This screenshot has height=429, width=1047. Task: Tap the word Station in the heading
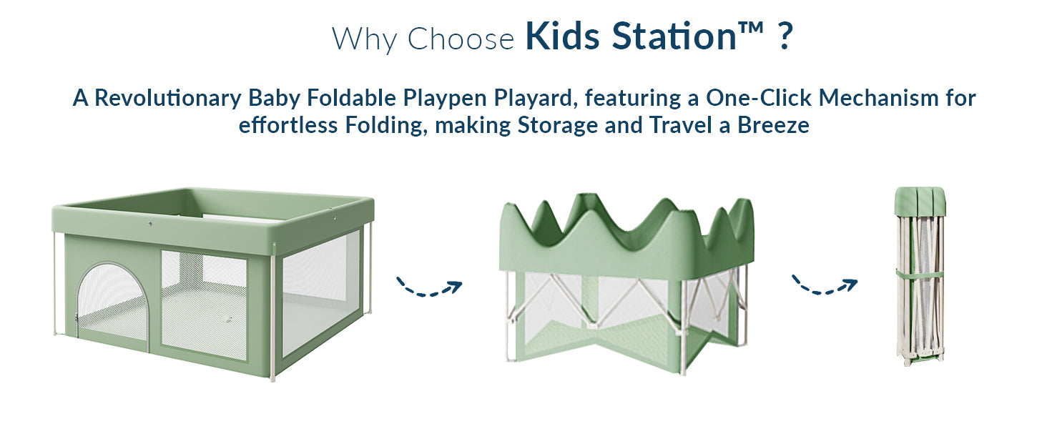[673, 38]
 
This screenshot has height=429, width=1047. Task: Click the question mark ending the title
[784, 38]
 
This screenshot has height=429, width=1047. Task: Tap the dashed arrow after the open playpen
[429, 287]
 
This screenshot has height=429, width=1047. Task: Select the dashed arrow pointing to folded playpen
[824, 286]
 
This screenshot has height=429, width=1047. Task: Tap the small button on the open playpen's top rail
[151, 225]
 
